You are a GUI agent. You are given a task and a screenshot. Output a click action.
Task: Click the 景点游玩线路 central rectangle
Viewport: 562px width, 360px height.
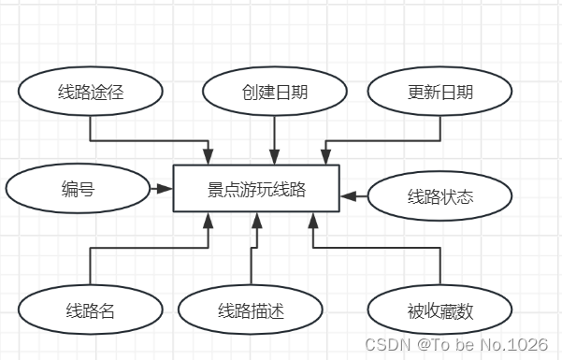256,189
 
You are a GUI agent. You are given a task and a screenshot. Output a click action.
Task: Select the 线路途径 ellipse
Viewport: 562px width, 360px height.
91,92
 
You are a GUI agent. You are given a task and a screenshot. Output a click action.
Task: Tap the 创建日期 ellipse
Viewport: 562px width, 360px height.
274,92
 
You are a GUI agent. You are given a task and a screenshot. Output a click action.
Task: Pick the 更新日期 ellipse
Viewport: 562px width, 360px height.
440,92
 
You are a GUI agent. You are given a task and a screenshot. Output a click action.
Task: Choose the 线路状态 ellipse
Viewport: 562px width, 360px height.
440,196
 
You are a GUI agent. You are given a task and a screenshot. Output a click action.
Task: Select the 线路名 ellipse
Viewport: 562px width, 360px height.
91,310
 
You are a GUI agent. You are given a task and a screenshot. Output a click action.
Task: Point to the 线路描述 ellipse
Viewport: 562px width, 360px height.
251,310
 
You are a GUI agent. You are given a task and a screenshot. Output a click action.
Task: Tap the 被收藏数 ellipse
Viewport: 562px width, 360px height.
440,310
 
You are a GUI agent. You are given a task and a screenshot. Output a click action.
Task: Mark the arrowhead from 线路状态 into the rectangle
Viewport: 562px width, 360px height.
349,196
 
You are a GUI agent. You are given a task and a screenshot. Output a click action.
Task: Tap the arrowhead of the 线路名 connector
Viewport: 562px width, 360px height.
209,220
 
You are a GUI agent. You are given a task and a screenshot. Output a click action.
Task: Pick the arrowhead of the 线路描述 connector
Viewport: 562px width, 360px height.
255,220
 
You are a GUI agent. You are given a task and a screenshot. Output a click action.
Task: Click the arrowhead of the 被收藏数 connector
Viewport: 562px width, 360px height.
313,220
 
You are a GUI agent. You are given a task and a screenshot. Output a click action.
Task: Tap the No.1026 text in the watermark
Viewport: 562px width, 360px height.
519,344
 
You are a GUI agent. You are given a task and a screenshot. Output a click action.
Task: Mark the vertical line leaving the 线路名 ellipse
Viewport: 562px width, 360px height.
91,266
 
